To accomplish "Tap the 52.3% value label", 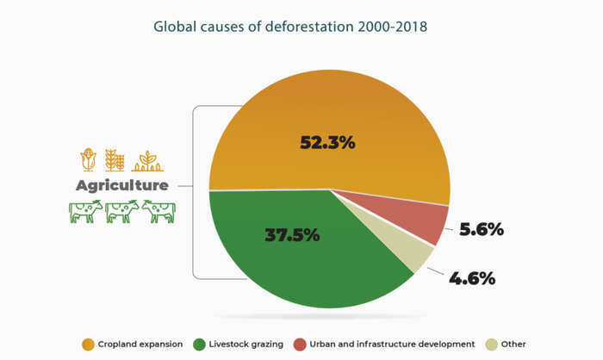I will click(327, 143).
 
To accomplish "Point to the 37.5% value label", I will click(292, 234).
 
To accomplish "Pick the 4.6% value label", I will click(472, 277).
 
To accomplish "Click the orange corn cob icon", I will click(87, 160).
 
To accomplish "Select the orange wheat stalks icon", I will click(115, 160).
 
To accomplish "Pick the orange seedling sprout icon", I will click(146, 160).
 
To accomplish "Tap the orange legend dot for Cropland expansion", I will click(88, 344).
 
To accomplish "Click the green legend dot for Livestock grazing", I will click(198, 344).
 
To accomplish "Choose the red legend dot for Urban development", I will click(300, 344).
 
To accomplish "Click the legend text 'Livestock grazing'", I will click(246, 344).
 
